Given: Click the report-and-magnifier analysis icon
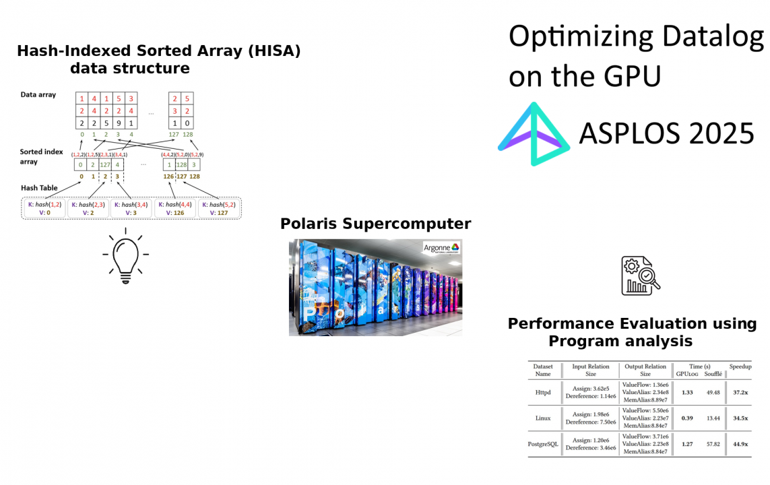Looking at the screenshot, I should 639,276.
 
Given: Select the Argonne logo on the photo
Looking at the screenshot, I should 441,248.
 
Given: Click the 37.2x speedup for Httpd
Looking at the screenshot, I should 740,392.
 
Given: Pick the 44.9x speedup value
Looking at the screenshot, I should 740,444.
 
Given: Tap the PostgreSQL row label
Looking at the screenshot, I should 543,444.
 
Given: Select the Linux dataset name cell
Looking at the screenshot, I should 543,418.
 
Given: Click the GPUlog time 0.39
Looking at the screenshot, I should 687,418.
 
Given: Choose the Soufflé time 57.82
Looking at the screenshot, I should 712,444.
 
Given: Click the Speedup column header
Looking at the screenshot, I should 740,366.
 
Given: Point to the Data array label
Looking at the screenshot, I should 38,95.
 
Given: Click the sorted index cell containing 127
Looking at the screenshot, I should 105,164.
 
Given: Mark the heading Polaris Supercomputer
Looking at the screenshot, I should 375,224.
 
